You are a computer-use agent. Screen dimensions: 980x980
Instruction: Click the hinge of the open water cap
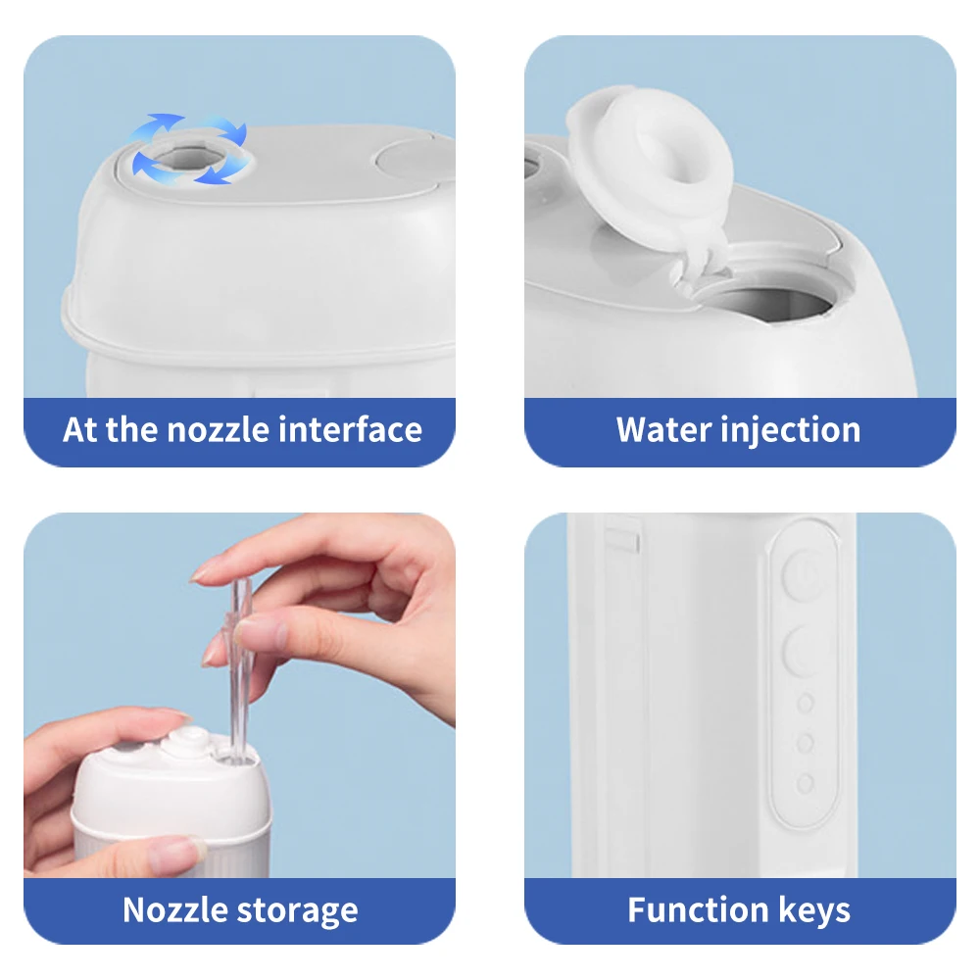pyautogui.click(x=695, y=266)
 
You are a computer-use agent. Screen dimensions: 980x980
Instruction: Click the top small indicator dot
pyautogui.click(x=806, y=703)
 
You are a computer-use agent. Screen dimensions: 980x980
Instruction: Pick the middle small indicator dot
pyautogui.click(x=806, y=743)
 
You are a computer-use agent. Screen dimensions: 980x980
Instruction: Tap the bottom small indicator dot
pyautogui.click(x=806, y=783)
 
